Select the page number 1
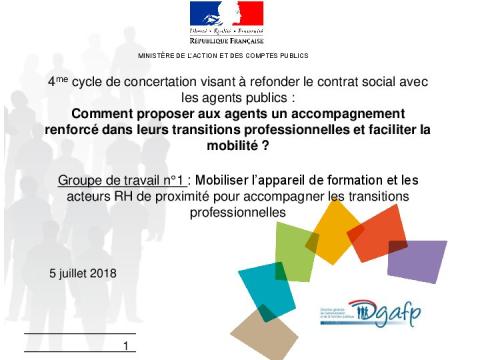click(127, 346)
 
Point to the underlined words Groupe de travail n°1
click(122, 180)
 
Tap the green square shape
click(295, 251)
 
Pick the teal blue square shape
click(265, 286)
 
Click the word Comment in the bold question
click(102, 114)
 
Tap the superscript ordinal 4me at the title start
click(57, 82)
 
